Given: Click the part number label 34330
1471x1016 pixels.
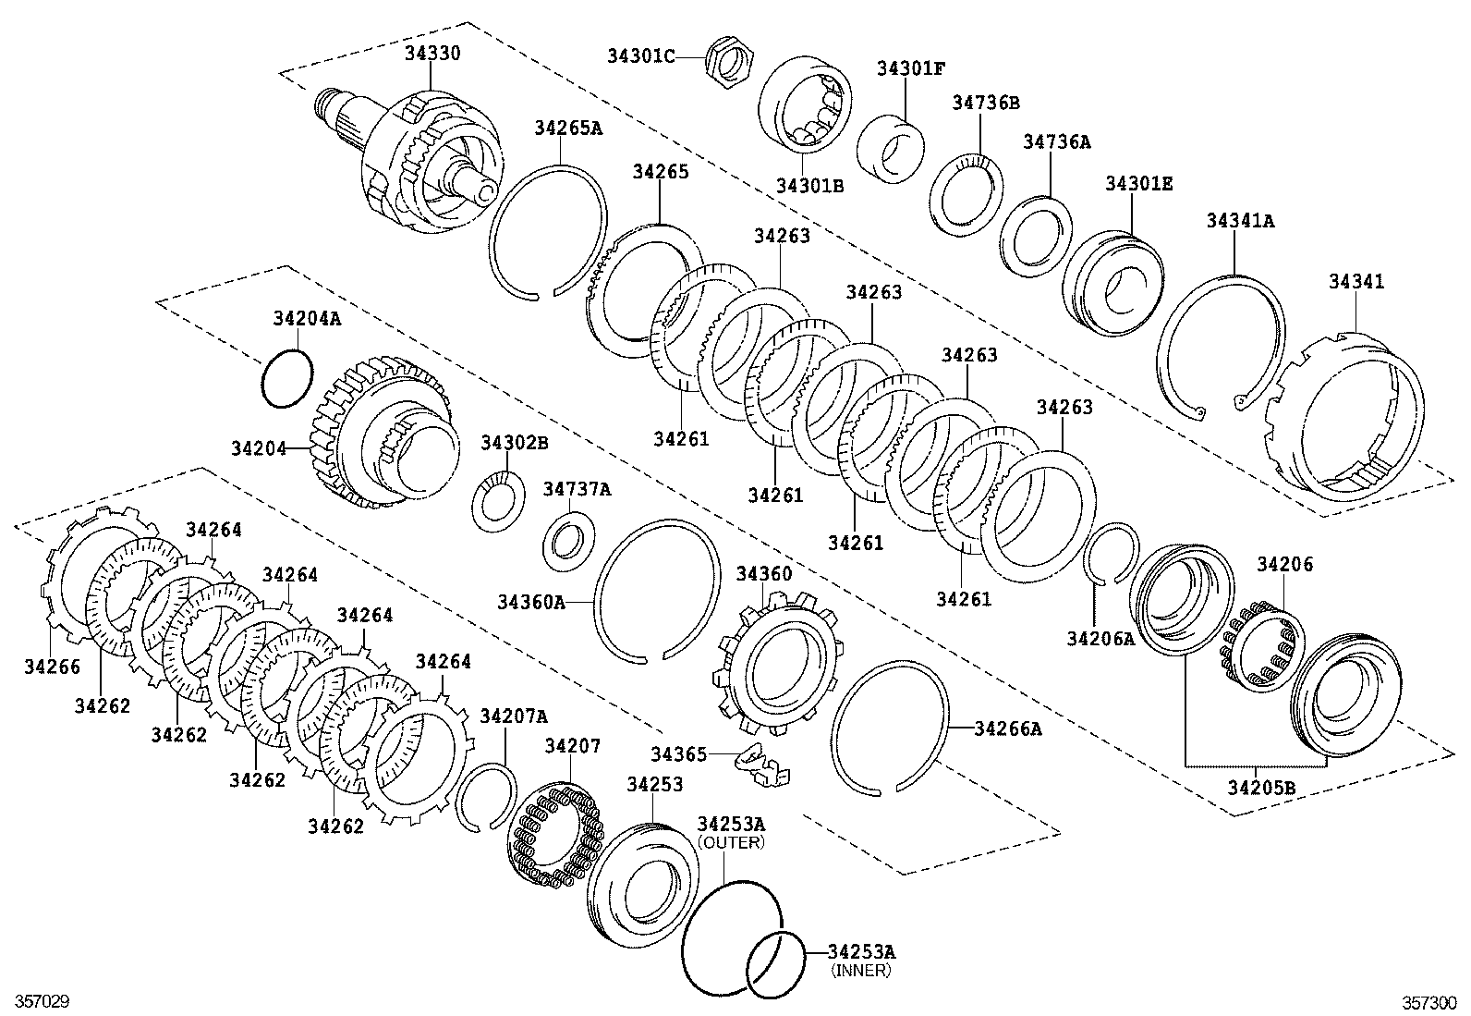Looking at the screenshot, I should [432, 54].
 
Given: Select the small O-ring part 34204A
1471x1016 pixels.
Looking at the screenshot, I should [286, 377].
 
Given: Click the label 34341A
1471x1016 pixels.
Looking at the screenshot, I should [1240, 221].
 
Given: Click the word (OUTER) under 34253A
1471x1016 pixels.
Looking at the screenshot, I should [731, 842].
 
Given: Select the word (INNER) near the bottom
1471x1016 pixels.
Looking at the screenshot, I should [860, 970].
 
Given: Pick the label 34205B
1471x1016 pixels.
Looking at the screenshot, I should [1261, 787].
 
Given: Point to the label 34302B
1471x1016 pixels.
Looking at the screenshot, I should [514, 444].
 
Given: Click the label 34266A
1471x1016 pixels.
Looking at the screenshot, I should [1008, 728].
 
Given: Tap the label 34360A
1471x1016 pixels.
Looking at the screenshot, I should [530, 603].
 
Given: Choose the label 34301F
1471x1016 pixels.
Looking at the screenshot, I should [911, 68].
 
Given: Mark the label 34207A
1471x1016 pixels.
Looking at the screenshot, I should [514, 716].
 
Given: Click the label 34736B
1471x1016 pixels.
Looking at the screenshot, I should [986, 103].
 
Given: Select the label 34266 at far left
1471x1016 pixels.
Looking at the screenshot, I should [52, 666].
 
